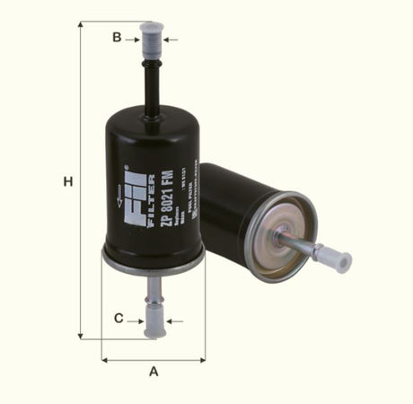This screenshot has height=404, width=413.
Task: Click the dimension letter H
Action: [66, 182]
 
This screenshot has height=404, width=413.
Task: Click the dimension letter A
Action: [154, 371]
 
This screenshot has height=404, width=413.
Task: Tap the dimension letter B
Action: [116, 37]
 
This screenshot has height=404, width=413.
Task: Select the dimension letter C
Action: [118, 319]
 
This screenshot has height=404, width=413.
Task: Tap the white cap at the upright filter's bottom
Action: [154, 324]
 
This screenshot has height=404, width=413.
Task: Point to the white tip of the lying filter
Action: [338, 260]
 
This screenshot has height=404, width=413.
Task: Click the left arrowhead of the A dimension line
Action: [105, 359]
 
